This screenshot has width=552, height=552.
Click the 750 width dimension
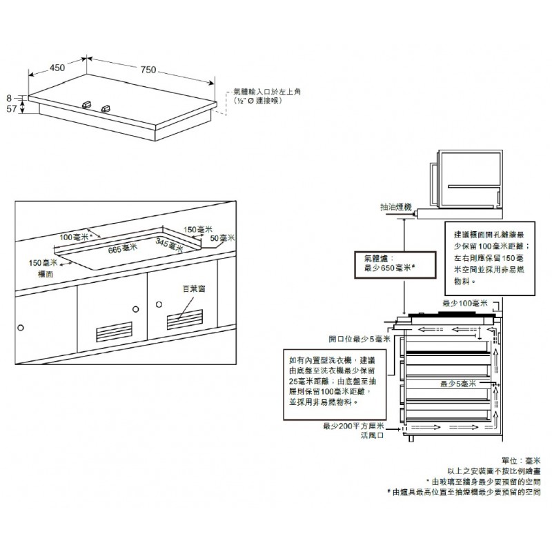click(148, 69)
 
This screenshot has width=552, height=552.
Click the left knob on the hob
click(87, 104)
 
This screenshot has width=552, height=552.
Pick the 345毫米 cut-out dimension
click(169, 244)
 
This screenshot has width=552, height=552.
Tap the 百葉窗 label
click(193, 292)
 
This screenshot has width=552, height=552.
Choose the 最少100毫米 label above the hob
click(464, 304)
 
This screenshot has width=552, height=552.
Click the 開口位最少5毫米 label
click(359, 339)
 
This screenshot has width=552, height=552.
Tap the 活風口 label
click(371, 436)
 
